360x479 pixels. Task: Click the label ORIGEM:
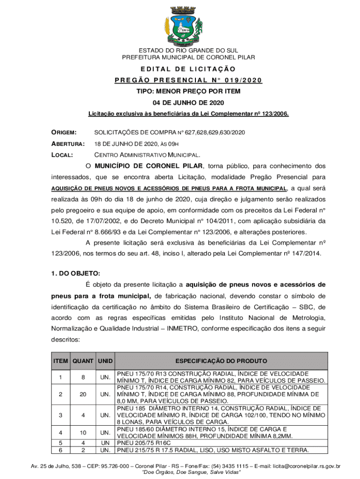pos(64,133)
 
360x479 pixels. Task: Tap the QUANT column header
pos(83,361)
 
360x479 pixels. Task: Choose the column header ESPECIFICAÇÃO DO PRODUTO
pos(221,361)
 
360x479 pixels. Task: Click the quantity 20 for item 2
pos(83,394)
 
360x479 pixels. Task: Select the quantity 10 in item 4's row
pos(83,432)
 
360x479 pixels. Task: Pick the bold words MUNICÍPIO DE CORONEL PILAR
pos(149,166)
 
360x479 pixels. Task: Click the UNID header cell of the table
pos(105,361)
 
